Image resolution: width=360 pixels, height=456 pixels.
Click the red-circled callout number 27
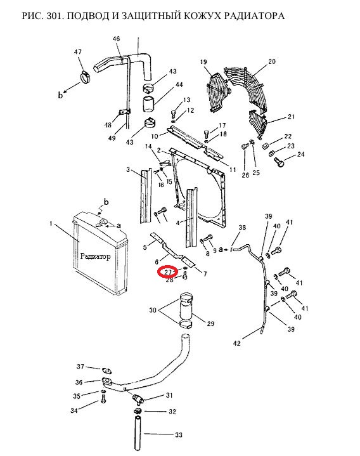169,272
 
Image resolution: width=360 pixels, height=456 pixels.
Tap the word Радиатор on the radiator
95,256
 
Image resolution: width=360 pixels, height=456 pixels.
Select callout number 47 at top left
77,52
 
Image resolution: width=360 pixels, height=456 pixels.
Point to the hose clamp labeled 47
85,77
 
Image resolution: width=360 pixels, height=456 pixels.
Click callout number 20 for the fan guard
272,62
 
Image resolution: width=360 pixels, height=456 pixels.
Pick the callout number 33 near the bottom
179,435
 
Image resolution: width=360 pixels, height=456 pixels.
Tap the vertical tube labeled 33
138,433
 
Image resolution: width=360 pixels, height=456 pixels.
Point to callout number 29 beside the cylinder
210,323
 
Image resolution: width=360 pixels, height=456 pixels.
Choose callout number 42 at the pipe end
237,343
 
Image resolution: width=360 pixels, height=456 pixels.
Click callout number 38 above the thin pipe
242,228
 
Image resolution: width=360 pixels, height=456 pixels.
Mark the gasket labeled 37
106,370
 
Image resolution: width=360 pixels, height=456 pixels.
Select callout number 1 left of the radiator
51,223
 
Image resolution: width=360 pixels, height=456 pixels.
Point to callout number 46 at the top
116,39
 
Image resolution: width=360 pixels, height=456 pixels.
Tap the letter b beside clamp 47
60,94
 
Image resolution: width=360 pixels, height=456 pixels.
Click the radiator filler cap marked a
102,223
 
